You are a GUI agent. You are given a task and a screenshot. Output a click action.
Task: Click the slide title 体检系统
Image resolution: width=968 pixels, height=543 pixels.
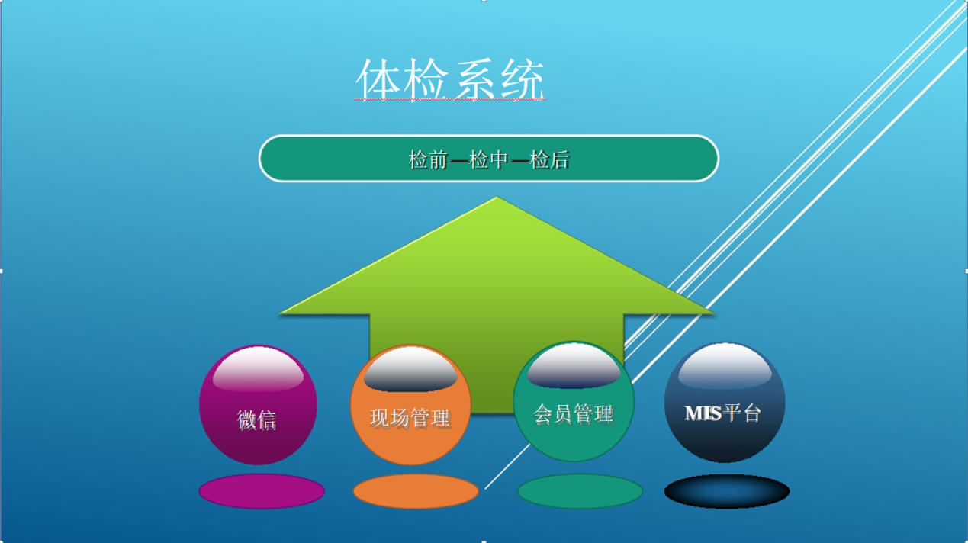click(x=451, y=80)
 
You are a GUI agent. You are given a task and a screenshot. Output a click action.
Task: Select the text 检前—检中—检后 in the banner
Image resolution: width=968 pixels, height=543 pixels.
click(x=489, y=160)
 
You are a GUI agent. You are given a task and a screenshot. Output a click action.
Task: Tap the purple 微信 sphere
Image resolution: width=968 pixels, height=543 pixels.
click(x=257, y=406)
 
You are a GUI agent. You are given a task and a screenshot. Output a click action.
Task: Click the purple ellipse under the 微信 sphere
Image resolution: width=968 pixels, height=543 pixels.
click(x=262, y=490)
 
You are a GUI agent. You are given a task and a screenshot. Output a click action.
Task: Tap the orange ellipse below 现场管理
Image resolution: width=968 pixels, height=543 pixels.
click(x=416, y=492)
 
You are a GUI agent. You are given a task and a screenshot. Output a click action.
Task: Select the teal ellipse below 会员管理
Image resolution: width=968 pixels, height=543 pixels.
click(x=580, y=491)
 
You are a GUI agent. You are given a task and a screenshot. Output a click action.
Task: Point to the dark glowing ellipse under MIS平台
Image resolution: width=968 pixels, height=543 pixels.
click(x=726, y=492)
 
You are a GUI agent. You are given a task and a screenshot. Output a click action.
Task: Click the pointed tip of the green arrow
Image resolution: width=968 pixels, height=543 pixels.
click(x=497, y=200)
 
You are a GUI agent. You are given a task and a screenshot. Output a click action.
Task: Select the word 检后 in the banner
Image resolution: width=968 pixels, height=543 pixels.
click(x=551, y=160)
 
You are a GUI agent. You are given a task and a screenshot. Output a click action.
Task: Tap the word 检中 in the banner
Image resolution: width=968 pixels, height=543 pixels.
click(x=489, y=160)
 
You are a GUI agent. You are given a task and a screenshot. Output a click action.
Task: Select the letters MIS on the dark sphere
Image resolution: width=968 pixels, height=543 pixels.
click(x=703, y=413)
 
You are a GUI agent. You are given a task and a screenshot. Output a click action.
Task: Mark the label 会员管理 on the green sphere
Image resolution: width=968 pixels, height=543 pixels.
click(x=573, y=414)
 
